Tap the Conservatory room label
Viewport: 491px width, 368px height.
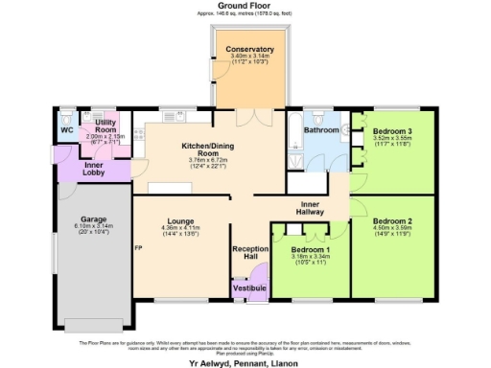pos(249,50)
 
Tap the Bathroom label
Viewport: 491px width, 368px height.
pos(321,129)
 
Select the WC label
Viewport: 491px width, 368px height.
pos(66,129)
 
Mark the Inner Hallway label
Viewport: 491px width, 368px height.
pos(311,208)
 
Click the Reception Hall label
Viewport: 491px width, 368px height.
pos(251,252)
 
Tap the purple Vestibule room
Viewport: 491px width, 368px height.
pos(250,287)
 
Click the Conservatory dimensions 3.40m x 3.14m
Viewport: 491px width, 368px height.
pos(249,57)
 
